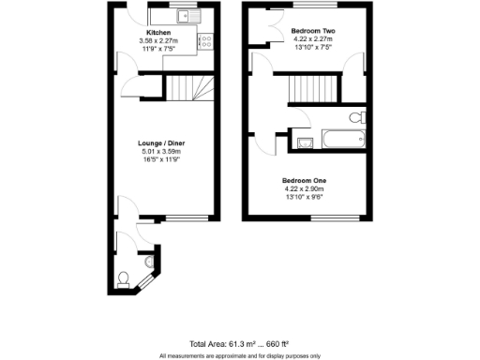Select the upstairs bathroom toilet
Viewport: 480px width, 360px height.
tap(356, 118)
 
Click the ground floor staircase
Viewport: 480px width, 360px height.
tap(190, 89)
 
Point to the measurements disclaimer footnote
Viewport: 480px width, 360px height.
tap(239, 355)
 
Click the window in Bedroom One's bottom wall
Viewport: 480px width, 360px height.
tap(333, 218)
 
